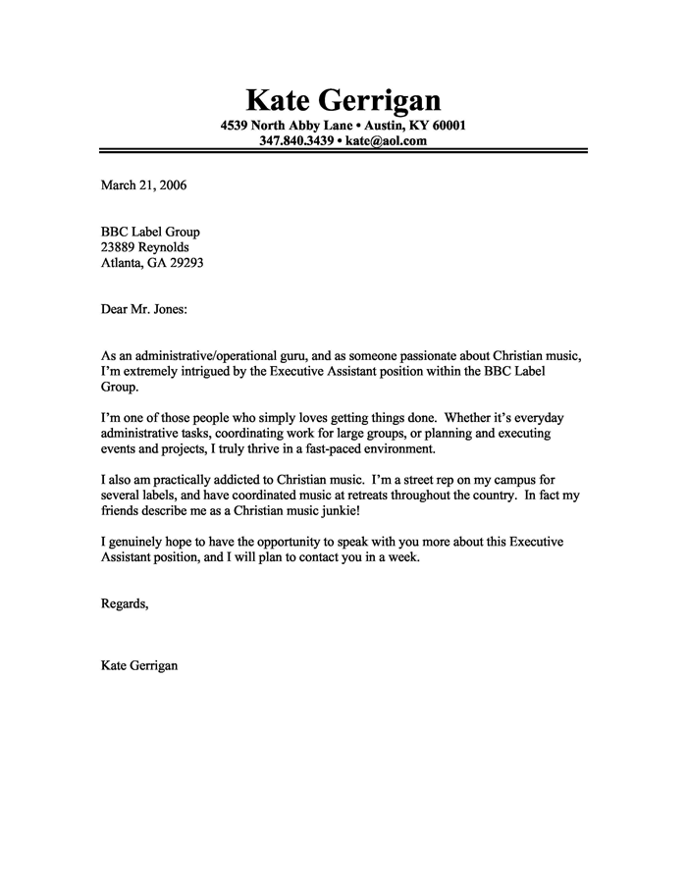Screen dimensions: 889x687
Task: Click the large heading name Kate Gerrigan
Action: pyautogui.click(x=343, y=99)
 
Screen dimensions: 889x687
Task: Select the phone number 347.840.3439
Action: pyautogui.click(x=295, y=140)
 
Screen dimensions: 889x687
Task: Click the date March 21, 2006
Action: pyautogui.click(x=143, y=183)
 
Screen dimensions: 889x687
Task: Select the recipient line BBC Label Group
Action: pyautogui.click(x=150, y=233)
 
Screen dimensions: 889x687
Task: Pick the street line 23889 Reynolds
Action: pyautogui.click(x=145, y=248)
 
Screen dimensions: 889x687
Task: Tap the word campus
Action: pyautogui.click(x=508, y=481)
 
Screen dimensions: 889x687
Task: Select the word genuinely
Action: pyautogui.click(x=138, y=543)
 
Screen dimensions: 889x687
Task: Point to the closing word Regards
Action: pyautogui.click(x=125, y=603)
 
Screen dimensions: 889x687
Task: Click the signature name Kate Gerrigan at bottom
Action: pyautogui.click(x=139, y=666)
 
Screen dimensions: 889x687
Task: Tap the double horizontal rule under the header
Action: pyautogui.click(x=343, y=151)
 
